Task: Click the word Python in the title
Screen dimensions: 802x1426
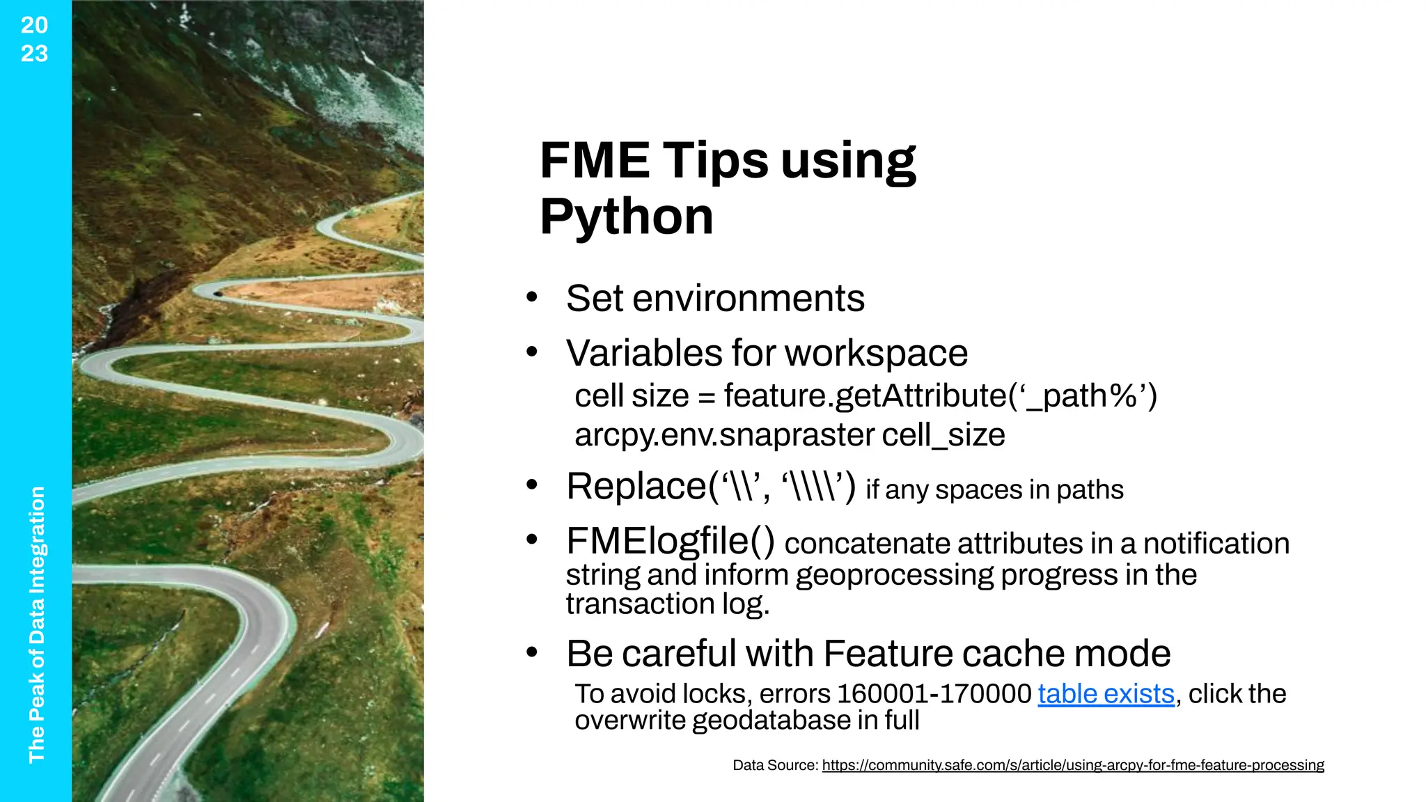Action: [626, 217]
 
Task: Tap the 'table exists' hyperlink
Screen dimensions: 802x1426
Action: [1105, 694]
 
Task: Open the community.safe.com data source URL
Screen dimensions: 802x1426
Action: [1072, 765]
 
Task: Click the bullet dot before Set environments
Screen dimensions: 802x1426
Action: [532, 298]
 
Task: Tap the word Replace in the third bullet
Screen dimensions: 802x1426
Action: [636, 486]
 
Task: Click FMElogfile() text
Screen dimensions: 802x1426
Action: [670, 541]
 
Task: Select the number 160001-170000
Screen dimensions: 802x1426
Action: [934, 694]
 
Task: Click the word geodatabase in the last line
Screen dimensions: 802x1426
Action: [771, 721]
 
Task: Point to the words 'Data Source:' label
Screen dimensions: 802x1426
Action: [774, 765]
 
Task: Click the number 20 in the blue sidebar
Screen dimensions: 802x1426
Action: [34, 25]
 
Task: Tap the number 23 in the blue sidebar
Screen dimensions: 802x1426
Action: [34, 54]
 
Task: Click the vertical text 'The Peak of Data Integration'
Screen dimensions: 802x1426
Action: [36, 624]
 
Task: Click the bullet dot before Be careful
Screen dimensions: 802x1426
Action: [532, 653]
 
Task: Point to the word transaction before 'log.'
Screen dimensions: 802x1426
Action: [639, 604]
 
